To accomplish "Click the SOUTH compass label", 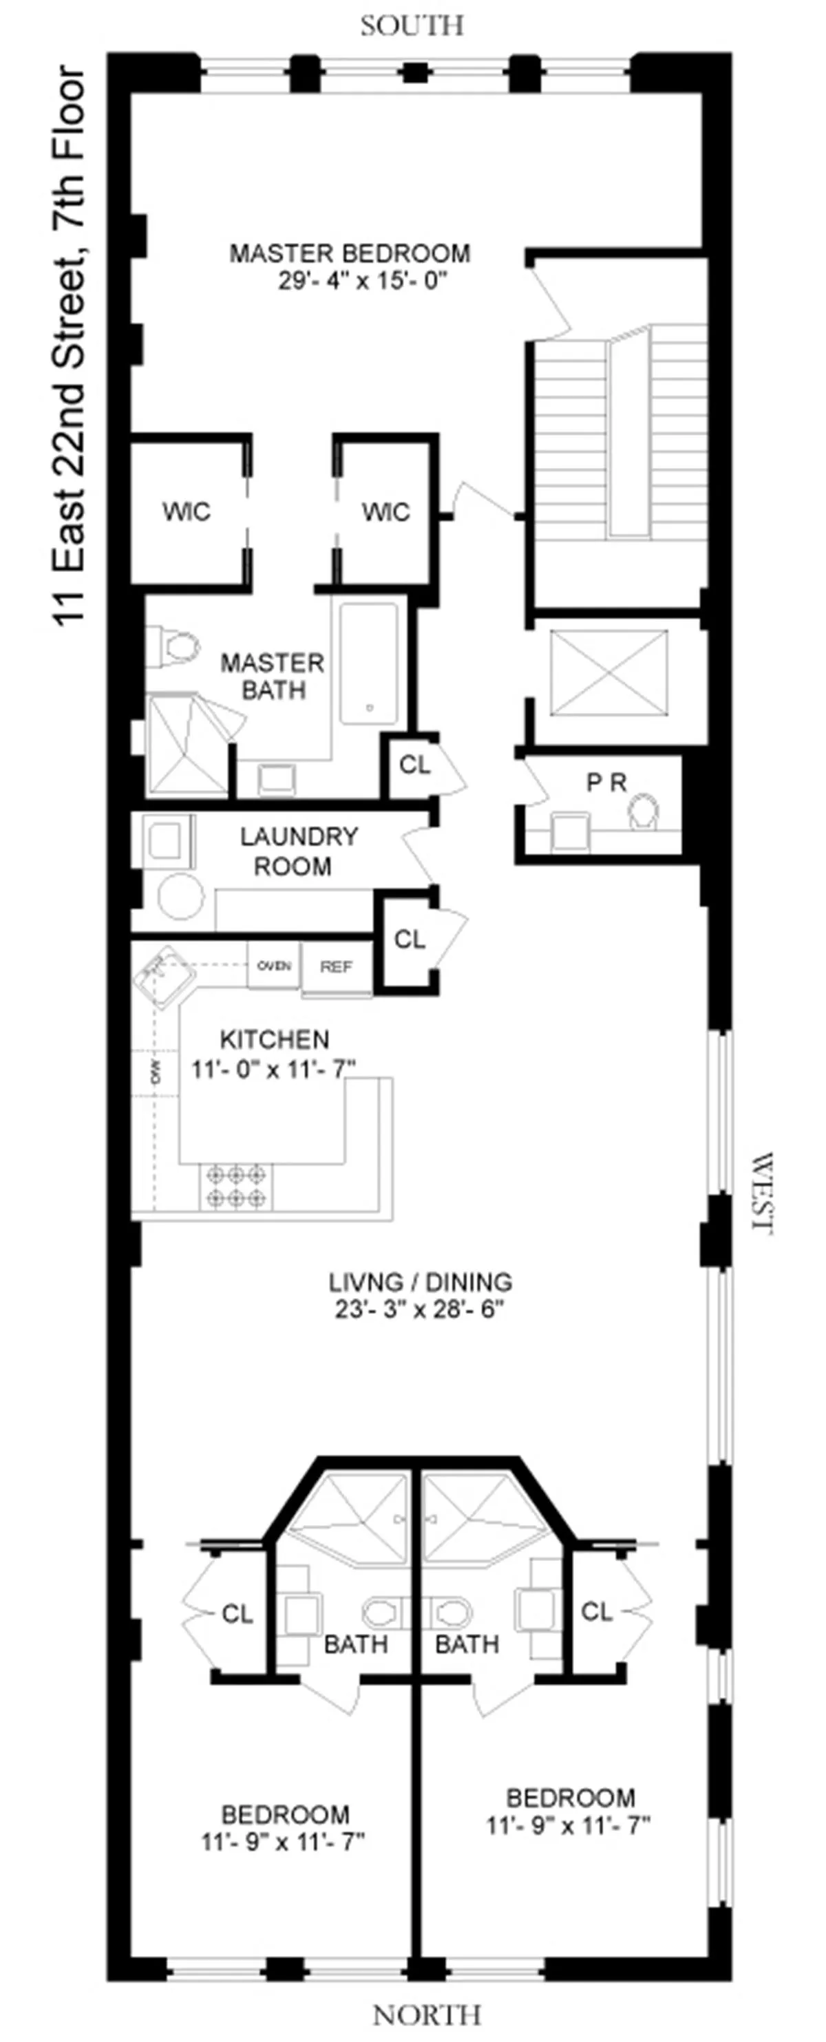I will point(412,26).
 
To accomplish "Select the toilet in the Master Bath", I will point(176,646).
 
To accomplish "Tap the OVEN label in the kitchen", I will point(273,966).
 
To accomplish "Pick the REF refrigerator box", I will point(336,967).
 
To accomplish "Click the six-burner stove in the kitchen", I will point(235,1187).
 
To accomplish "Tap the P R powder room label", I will point(606,783).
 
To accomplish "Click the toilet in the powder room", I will point(644,813).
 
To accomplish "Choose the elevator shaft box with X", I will point(608,672).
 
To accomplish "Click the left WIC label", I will point(187,511).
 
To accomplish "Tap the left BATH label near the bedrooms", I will point(356,1644).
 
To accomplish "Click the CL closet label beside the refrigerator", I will point(410,939).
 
